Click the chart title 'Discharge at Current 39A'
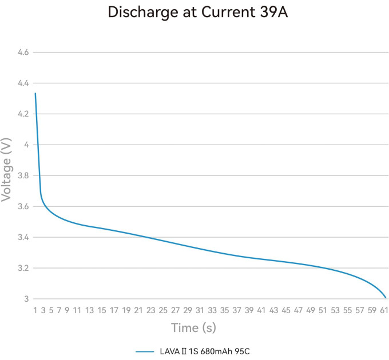coord(198,12)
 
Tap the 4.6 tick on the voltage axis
coord(23,52)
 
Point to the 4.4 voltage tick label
coord(23,83)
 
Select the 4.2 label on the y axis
coord(23,114)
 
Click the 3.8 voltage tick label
coord(23,175)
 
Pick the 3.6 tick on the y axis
coord(23,206)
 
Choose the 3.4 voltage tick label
coord(23,237)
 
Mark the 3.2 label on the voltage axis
coord(23,268)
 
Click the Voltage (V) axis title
coord(6,170)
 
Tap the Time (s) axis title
coord(193,328)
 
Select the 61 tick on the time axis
coord(384,310)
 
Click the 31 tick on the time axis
coord(200,310)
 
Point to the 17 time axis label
coord(114,310)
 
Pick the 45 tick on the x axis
coord(286,310)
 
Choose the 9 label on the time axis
coord(67,310)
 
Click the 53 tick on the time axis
coord(335,310)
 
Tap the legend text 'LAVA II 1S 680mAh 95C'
coord(205,351)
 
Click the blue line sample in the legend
coord(145,351)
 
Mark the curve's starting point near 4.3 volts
coord(35,93)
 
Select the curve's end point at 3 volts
coord(386,298)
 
